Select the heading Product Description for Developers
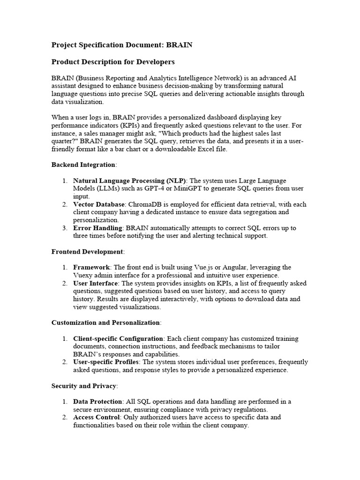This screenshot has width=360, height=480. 112,62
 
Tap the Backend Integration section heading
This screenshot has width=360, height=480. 83,165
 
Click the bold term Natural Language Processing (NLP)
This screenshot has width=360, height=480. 129,180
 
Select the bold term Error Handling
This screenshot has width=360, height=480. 97,228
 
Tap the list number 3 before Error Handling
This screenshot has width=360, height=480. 64,228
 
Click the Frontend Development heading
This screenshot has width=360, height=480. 87,252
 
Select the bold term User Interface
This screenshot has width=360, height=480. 96,283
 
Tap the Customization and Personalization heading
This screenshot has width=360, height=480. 105,322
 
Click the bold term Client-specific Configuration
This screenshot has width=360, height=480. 118,338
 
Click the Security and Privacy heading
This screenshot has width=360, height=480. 84,386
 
